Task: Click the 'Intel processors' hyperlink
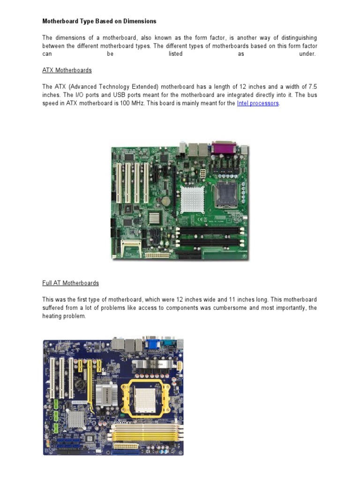(258, 103)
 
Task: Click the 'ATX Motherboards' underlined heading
(67, 70)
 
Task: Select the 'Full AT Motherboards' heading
(71, 283)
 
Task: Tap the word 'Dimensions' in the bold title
(140, 21)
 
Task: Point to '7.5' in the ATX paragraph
(312, 87)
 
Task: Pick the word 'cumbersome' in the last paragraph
(232, 308)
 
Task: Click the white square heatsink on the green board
(194, 198)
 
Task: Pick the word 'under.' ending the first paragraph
(307, 54)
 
